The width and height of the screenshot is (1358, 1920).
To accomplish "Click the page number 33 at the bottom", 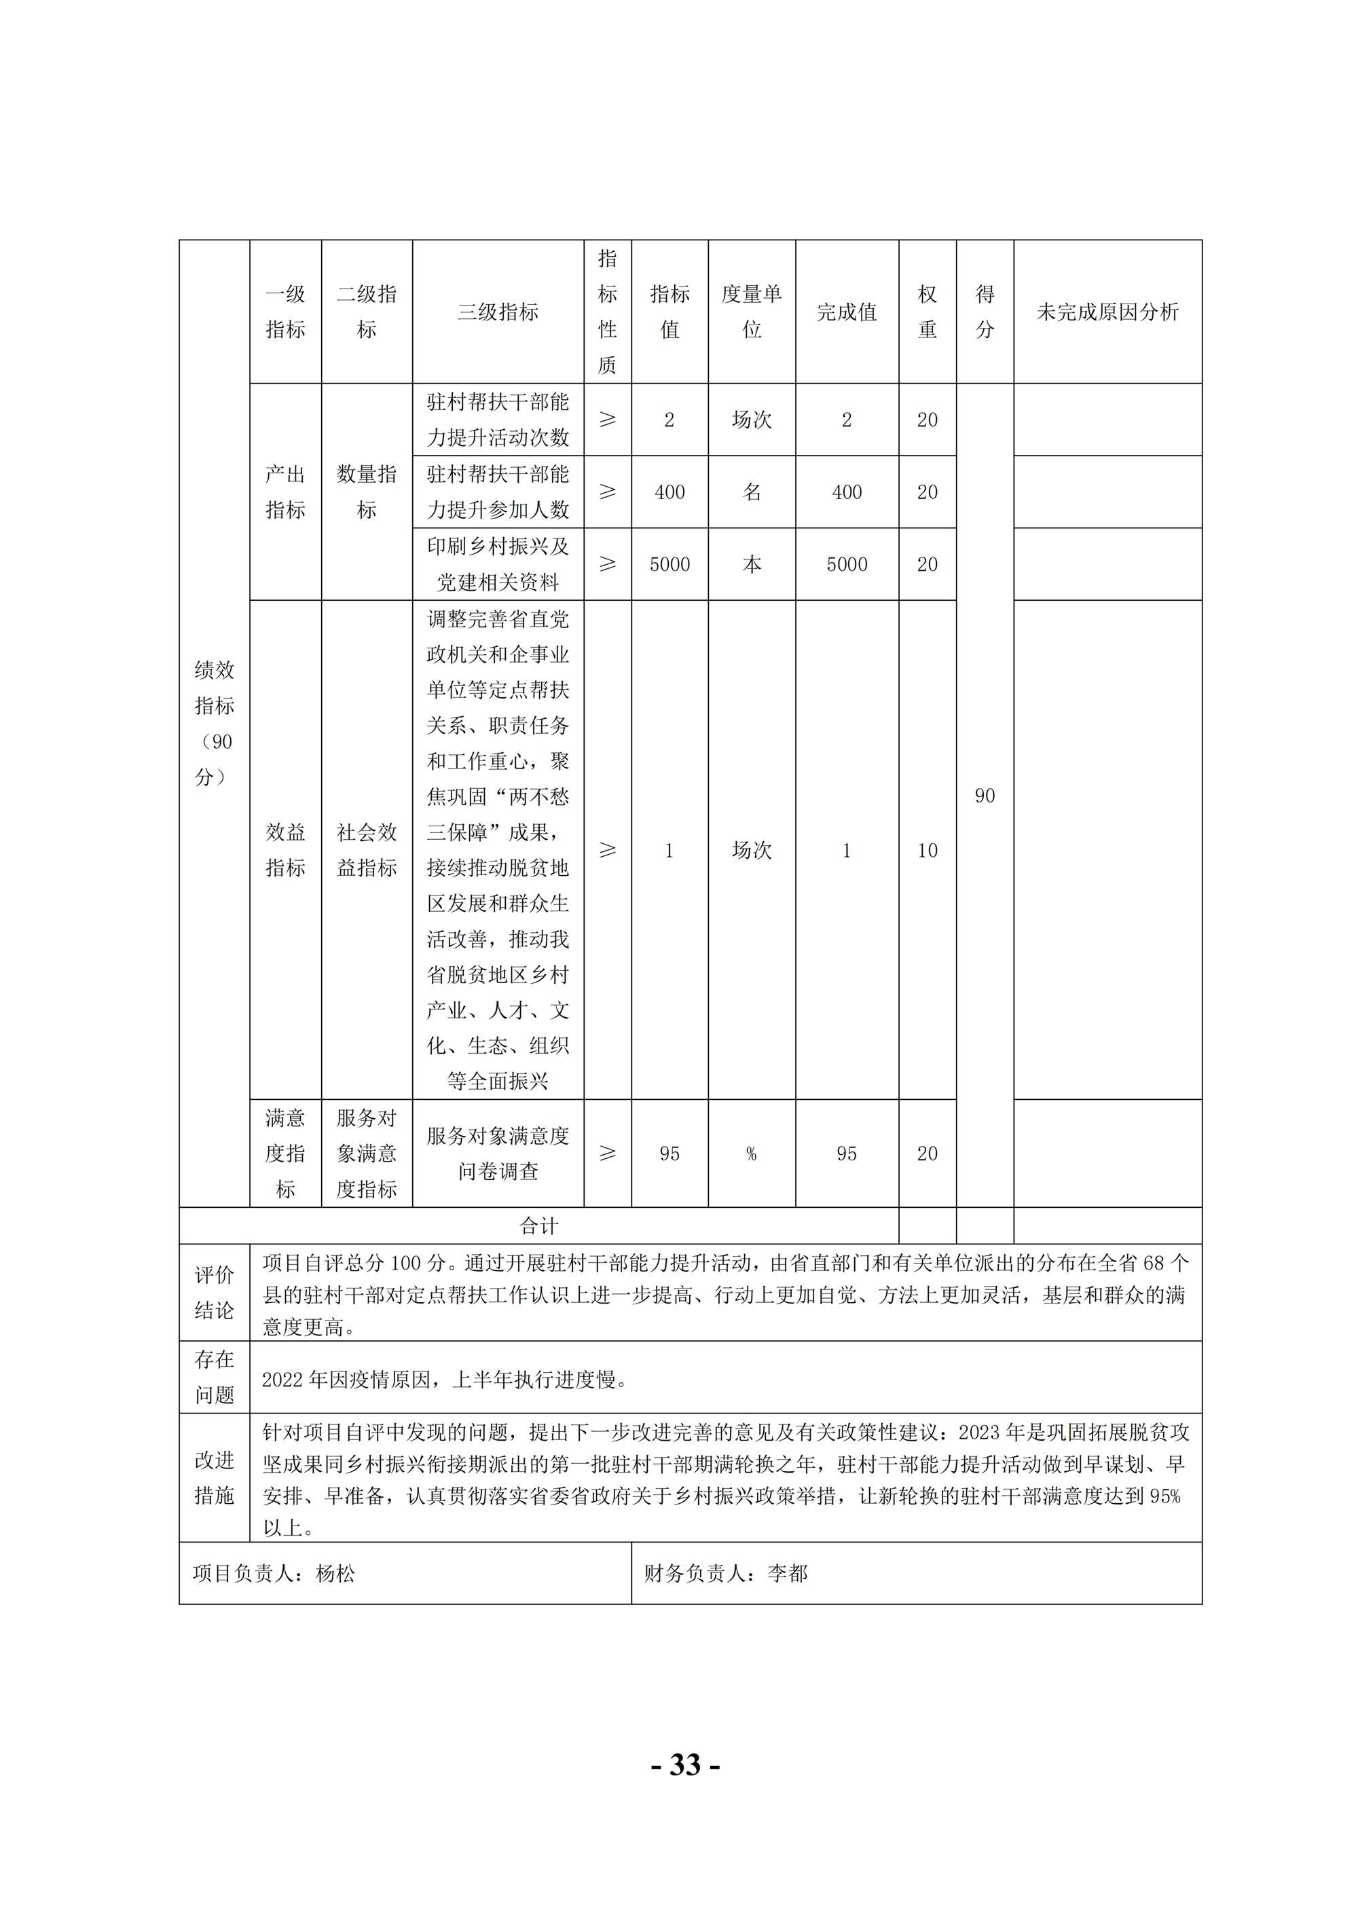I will [685, 1765].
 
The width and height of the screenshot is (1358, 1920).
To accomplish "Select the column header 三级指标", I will [498, 312].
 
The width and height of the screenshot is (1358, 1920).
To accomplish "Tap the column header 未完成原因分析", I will [1107, 312].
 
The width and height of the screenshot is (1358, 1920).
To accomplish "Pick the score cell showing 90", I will [985, 795].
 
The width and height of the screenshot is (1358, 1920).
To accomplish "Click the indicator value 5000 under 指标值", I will [669, 564].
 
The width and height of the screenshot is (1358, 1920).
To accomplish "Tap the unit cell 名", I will [751, 492].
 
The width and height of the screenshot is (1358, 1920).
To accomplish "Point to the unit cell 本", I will [751, 564].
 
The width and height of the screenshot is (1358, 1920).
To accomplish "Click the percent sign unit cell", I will [751, 1154].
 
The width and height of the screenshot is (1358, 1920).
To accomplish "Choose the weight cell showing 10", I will [927, 851].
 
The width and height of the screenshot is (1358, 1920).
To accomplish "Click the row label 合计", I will [538, 1226].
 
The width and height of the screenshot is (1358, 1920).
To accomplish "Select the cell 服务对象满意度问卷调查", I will [498, 1153].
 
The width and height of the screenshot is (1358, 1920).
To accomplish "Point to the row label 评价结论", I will [214, 1293].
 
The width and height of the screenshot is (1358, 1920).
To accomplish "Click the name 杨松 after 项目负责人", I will [335, 1574].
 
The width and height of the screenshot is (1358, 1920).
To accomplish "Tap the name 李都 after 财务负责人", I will [787, 1574].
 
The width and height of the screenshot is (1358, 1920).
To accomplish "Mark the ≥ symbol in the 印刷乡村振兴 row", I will [607, 564].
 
